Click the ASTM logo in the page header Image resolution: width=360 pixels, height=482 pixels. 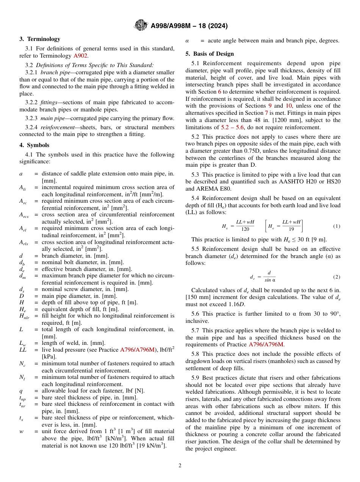click(141, 26)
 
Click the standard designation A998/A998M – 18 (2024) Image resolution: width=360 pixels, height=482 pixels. click(189, 26)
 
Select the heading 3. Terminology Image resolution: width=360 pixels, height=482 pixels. click(40, 39)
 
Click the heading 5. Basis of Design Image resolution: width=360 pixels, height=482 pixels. click(210, 54)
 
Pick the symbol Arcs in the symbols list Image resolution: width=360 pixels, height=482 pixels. click(23, 215)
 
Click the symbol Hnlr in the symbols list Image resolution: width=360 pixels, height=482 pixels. click(24, 316)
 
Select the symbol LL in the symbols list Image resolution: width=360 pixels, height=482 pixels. click(23, 350)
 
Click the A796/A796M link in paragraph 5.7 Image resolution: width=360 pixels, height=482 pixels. click(266, 344)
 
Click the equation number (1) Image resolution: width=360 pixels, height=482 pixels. click(337, 226)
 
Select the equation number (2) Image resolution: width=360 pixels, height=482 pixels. click(337, 277)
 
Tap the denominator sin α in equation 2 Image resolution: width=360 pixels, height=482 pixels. click(270, 280)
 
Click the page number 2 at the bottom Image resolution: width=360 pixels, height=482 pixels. click(180, 466)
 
